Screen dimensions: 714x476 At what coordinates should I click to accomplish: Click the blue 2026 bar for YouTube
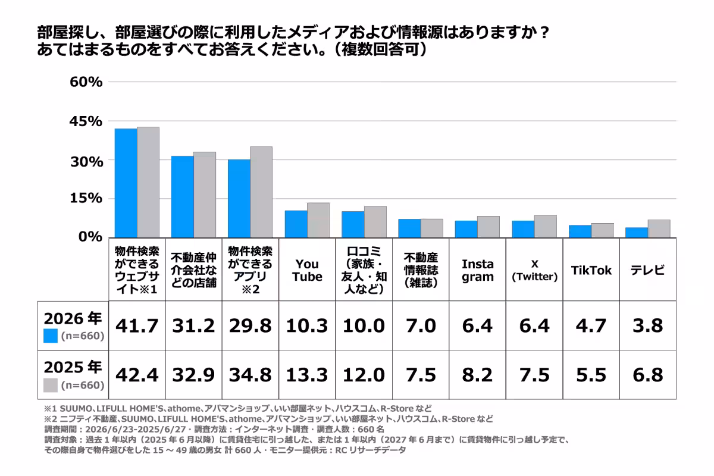coord(296,224)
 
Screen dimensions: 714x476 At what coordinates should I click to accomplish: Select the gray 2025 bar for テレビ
coord(659,228)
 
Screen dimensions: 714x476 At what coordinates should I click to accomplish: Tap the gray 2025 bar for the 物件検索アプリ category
coord(261,192)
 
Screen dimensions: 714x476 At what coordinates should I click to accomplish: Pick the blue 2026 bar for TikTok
coord(580,231)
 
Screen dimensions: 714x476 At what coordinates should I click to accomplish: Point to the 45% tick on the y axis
coord(86,121)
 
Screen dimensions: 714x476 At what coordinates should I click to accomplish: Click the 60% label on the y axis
coord(86,82)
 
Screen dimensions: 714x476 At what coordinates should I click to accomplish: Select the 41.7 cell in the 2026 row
coord(137,326)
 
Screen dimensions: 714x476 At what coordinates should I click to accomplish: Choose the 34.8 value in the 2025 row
coord(250,375)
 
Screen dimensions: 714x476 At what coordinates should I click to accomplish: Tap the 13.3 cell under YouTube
coord(307,375)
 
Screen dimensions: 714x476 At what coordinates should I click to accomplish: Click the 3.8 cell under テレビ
coord(648,326)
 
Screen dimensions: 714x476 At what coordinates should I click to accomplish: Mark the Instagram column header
coord(477,270)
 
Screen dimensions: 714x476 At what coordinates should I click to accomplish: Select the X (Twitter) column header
coord(534,270)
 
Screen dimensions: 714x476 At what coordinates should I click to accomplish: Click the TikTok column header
coord(591,270)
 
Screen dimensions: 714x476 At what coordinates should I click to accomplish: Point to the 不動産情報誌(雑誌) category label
coord(421,270)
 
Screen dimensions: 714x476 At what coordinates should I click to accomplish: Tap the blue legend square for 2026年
coord(51,336)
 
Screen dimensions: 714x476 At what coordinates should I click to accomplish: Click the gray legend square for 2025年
coord(51,385)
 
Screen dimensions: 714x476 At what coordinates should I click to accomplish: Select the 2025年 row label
coord(73,367)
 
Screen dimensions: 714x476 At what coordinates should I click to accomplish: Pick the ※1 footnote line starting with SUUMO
coord(238,408)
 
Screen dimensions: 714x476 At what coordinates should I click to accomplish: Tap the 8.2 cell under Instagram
coord(477,375)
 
